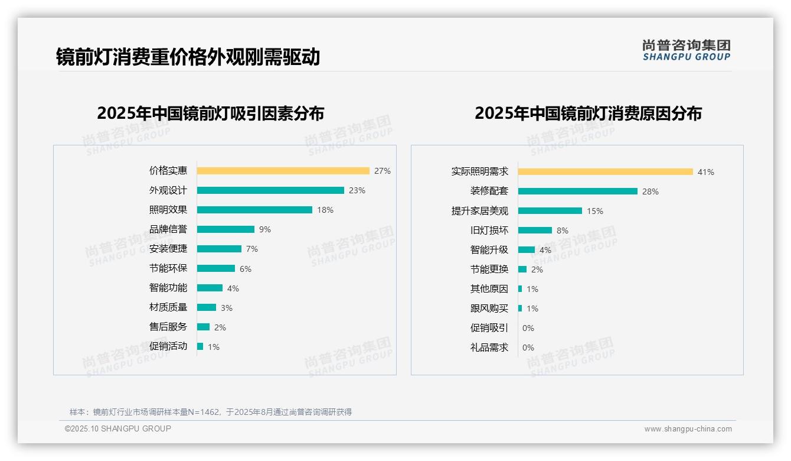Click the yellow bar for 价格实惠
click(283, 171)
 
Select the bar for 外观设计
click(270, 190)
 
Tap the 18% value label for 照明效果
click(325, 210)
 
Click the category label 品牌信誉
click(168, 229)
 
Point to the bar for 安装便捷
click(219, 249)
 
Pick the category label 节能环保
click(168, 268)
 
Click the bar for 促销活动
click(200, 346)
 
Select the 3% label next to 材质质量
click(227, 308)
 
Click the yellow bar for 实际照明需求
click(605, 172)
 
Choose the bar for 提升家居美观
click(550, 211)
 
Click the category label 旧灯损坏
click(489, 230)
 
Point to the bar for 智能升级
click(526, 250)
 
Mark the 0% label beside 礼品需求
click(528, 348)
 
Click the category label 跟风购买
click(489, 309)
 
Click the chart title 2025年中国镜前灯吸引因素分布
click(211, 113)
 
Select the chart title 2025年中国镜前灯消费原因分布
click(588, 113)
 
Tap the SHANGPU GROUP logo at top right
click(686, 50)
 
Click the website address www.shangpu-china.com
click(688, 429)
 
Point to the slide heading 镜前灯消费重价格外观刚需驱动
click(188, 57)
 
